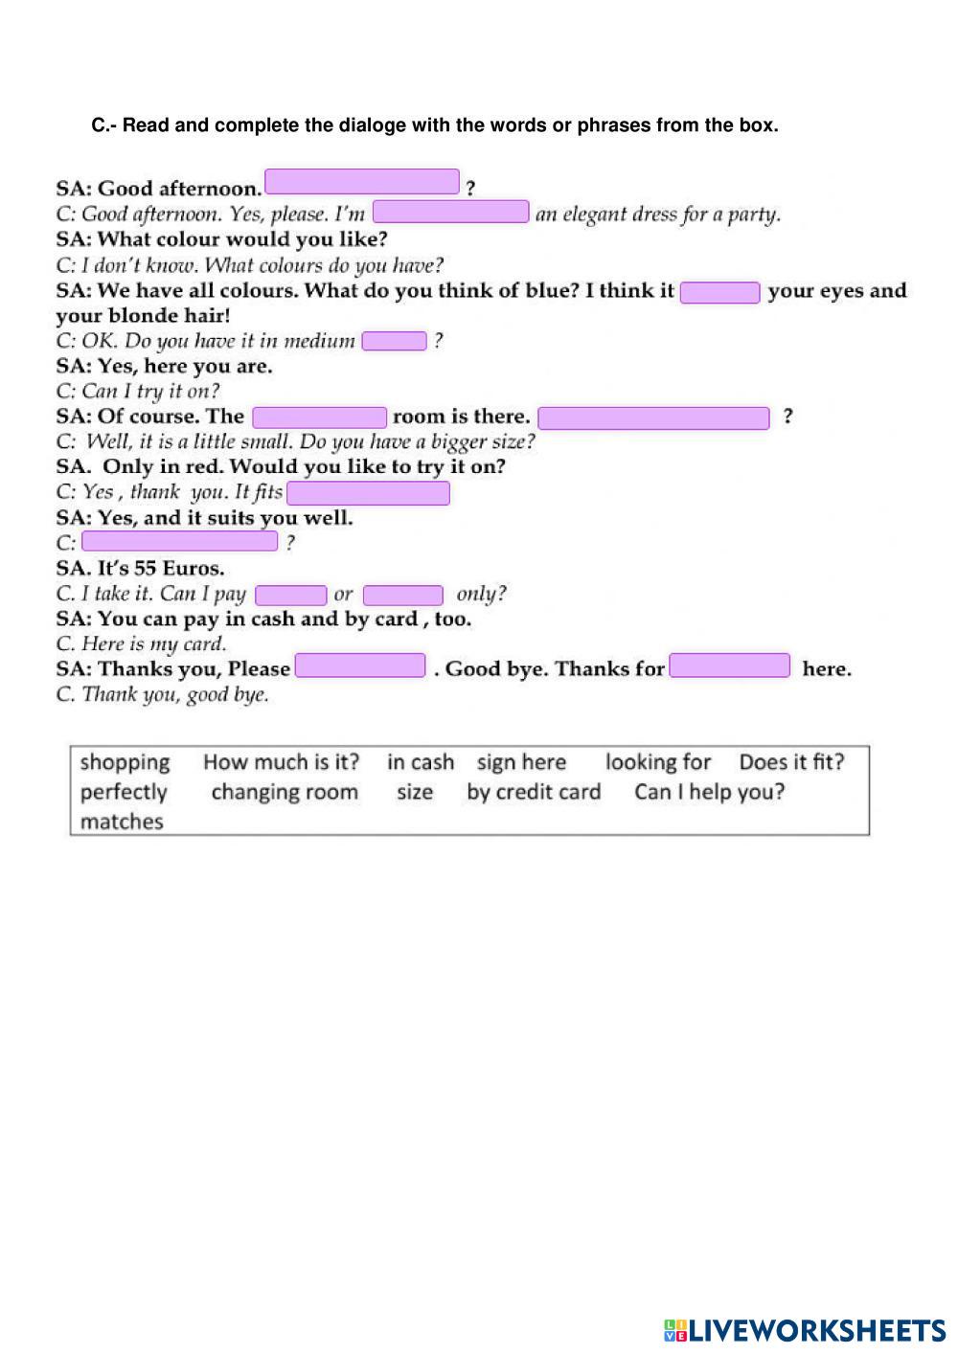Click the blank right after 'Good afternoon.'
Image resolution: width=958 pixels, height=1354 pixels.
pos(362,182)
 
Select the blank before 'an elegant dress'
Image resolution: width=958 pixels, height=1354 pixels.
pos(450,212)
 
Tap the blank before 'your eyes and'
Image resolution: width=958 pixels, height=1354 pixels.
pos(719,292)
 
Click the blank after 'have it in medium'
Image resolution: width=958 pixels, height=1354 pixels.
pos(394,341)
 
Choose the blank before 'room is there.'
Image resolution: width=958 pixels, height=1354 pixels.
pos(319,417)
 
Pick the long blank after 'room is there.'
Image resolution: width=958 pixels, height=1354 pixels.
pos(653,417)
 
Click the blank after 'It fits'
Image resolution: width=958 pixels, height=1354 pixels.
pos(368,493)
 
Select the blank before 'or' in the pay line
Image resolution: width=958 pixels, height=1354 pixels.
pos(291,595)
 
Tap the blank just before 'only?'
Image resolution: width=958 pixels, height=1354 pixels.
pos(402,595)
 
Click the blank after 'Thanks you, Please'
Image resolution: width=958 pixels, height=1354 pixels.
pos(360,666)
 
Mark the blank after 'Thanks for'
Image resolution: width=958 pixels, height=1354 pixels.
pos(730,666)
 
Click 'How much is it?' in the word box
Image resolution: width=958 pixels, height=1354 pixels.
pos(281,762)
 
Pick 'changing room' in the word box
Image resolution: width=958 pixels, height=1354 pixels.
pos(285,792)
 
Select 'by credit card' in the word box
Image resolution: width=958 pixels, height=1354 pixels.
pos(534,792)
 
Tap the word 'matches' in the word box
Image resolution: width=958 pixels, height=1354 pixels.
pos(122,822)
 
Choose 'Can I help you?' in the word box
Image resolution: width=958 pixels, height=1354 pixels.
pos(709,792)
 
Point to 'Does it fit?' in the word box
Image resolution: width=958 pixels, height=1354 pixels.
pos(791,762)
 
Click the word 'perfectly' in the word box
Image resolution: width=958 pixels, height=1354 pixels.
pos(124,792)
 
